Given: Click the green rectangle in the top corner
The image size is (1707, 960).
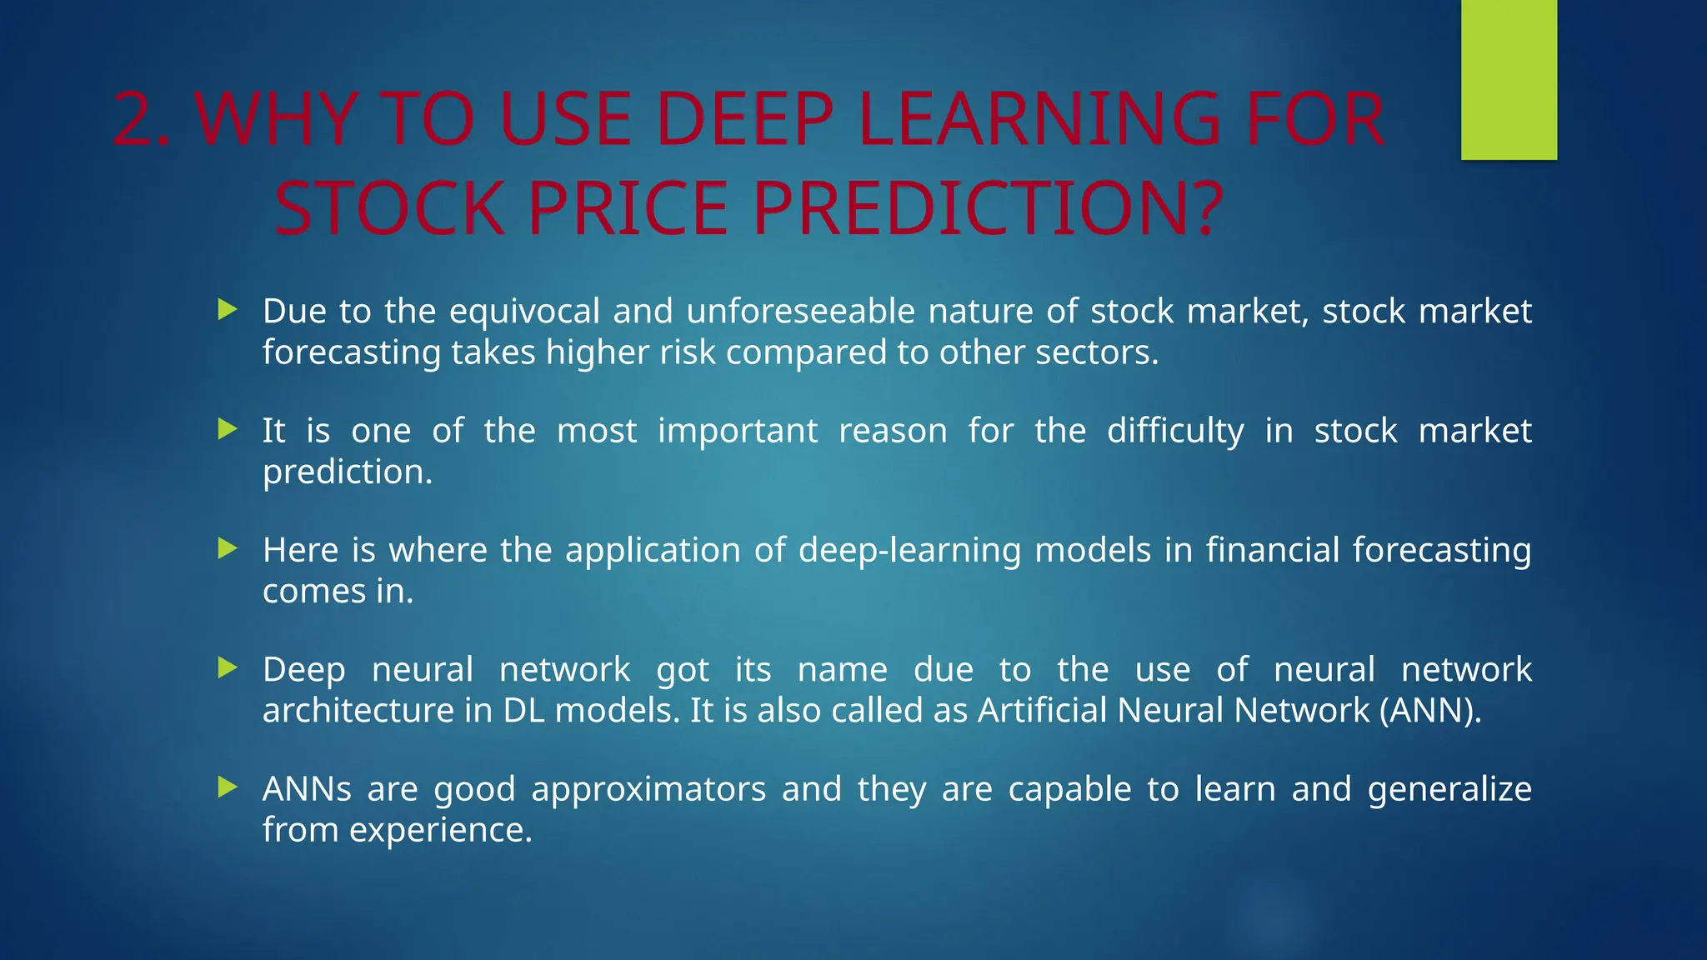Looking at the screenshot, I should pos(1509,80).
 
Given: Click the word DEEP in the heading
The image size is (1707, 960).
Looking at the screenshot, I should pos(744,120).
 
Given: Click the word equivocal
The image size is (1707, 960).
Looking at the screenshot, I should pos(524,311).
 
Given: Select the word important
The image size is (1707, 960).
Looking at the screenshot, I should pos(738,431).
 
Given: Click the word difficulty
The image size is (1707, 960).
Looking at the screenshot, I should pos(1175,431).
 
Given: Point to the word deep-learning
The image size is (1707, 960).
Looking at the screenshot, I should pos(909,550).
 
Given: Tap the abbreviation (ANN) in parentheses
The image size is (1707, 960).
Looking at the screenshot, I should pos(1430,711).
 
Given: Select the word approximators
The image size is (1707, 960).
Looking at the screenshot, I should pos(648,789).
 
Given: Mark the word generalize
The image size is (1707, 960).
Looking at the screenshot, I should pos(1449,789).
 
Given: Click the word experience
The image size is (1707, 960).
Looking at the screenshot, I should pos(440,830).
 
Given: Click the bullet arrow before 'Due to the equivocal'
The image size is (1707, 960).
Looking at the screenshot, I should pos(228,311).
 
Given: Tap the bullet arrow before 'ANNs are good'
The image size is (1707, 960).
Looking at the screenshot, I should pos(228,787).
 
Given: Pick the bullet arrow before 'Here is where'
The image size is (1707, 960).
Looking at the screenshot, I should pos(228,549).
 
